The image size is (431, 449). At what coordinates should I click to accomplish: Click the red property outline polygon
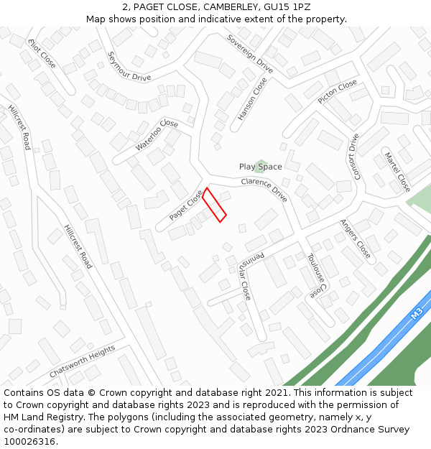click(x=214, y=205)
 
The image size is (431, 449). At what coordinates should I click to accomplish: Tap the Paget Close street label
click(x=186, y=205)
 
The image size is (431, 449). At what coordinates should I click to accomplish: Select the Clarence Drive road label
click(x=264, y=189)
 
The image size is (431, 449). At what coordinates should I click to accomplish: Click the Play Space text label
click(x=260, y=167)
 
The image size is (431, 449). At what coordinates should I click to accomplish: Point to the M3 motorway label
click(x=417, y=314)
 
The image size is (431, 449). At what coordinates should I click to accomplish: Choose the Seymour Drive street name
click(x=129, y=66)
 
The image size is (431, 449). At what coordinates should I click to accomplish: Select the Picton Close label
click(x=338, y=92)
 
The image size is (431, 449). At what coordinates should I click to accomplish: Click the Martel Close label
click(x=397, y=172)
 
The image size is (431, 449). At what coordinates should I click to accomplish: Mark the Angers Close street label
click(x=356, y=239)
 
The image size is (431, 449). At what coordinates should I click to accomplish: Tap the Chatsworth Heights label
click(x=82, y=362)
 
